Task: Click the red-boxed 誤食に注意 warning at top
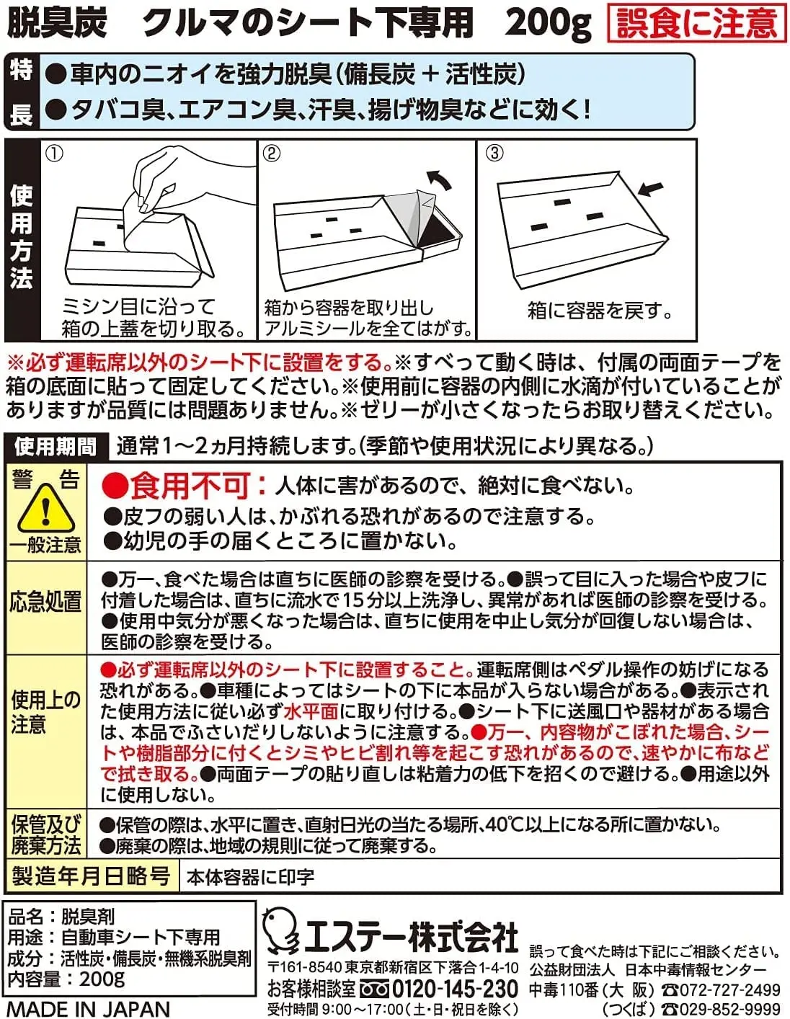coord(696,22)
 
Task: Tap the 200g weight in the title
coord(548,22)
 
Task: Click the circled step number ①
coord(54,153)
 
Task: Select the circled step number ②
coord(272,153)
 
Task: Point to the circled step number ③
coord(494,153)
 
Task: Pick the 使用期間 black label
coord(56,447)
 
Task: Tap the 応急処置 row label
coord(45,602)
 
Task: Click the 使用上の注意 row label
coord(45,711)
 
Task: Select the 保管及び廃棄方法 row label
coord(45,835)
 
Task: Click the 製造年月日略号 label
coord(91,876)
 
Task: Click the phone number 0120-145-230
coord(454,989)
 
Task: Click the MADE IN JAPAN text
coord(88,1008)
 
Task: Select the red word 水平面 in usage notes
coord(311,711)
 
